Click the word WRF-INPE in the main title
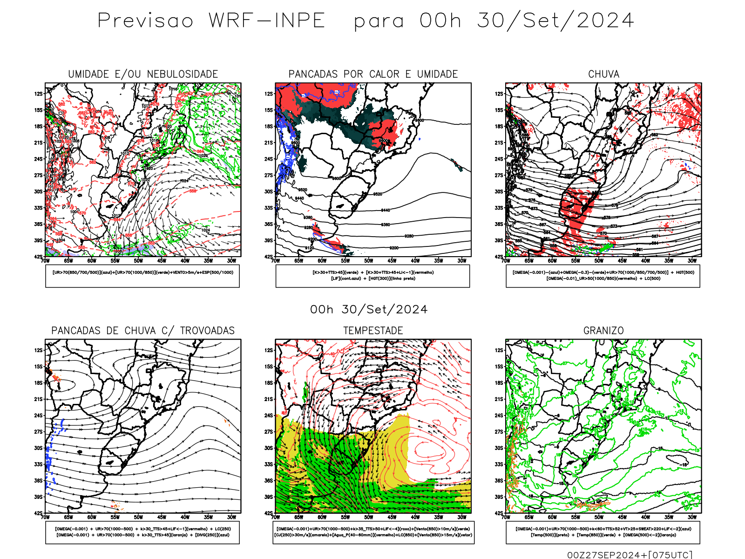point(267,21)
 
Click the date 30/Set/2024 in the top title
point(555,21)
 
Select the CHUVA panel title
point(603,75)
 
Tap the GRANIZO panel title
point(603,331)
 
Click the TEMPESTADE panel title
point(373,331)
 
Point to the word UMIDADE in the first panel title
point(88,75)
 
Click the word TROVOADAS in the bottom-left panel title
point(207,331)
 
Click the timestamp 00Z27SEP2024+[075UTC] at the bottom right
point(630,555)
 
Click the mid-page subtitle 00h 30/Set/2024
point(369,310)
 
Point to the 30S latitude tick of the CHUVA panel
point(499,191)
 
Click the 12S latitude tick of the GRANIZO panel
point(499,350)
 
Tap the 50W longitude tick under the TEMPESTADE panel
point(369,517)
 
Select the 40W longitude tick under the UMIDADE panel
point(185,261)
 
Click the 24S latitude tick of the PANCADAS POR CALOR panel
point(269,159)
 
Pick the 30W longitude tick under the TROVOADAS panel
point(231,517)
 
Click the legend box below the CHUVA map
point(603,276)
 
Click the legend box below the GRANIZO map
point(603,532)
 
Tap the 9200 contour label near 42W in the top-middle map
point(394,248)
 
